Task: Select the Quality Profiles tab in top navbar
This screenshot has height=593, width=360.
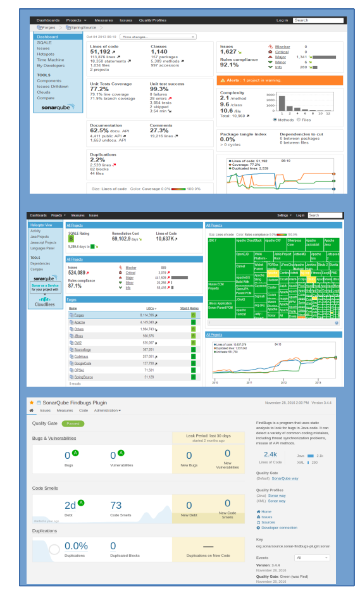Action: (153, 20)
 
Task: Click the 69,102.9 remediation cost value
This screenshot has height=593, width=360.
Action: (130, 239)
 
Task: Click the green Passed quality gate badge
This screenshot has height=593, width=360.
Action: (73, 423)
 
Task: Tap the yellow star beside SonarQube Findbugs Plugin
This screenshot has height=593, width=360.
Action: (31, 403)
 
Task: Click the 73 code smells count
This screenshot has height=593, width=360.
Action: (116, 505)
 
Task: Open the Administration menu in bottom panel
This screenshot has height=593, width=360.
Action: (107, 410)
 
